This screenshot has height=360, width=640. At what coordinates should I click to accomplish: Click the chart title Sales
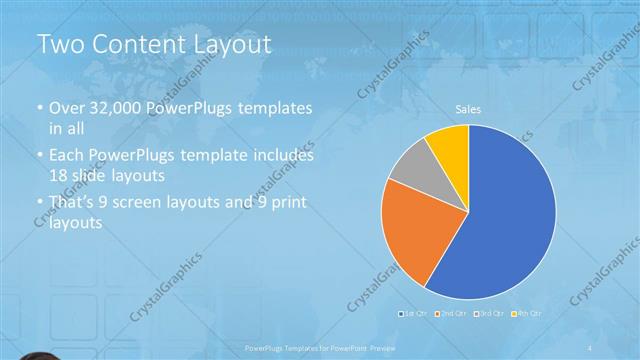click(468, 108)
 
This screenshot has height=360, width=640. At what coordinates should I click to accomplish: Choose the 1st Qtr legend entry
click(415, 314)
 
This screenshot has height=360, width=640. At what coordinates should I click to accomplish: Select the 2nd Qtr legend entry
click(451, 314)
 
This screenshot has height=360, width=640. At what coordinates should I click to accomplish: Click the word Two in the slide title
click(61, 44)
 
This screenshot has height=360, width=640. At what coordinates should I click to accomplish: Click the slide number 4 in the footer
click(591, 347)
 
